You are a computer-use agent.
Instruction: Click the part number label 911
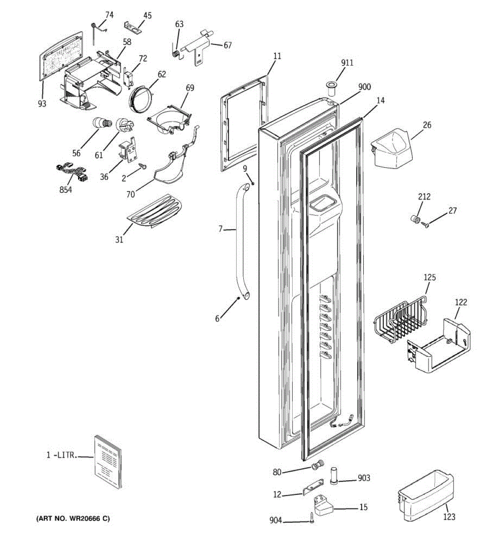click(347, 63)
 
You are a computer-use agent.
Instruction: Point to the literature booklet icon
click(108, 461)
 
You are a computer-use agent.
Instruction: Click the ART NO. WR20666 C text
click(73, 519)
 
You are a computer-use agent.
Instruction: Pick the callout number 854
click(66, 190)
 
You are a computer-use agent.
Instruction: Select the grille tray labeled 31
click(155, 210)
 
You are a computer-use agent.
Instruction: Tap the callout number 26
click(427, 125)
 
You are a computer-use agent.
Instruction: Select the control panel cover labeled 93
click(61, 56)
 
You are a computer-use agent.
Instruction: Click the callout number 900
click(365, 87)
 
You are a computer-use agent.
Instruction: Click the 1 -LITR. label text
click(61, 455)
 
